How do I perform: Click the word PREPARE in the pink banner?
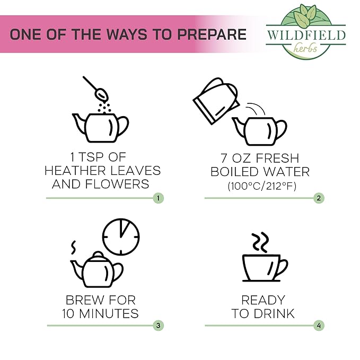click(x=212, y=34)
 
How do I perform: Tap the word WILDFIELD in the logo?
click(x=306, y=35)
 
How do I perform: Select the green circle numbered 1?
click(x=158, y=198)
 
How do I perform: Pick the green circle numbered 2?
click(x=319, y=198)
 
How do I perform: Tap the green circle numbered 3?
click(x=158, y=326)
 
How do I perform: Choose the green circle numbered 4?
click(x=319, y=326)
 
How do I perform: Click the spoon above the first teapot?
click(x=96, y=89)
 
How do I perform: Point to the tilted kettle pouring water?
click(x=216, y=101)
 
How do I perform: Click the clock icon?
click(x=121, y=237)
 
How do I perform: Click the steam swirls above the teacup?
click(x=260, y=242)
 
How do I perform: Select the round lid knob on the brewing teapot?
click(x=98, y=254)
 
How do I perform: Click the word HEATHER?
click(x=75, y=171)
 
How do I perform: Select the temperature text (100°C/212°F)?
click(x=262, y=186)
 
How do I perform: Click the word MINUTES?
click(x=109, y=313)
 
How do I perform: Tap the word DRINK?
click(x=274, y=313)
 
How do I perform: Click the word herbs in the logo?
click(x=305, y=48)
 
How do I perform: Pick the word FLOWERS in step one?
click(x=117, y=184)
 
